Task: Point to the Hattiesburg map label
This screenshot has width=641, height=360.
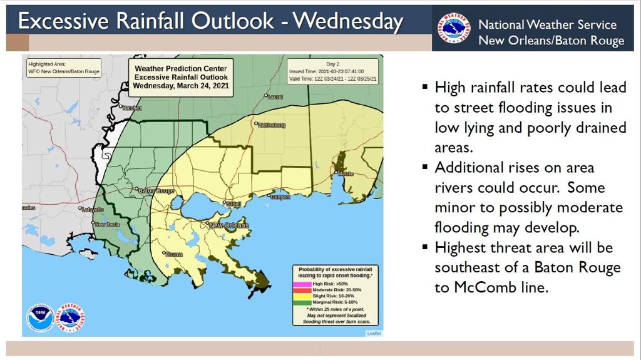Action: (x=272, y=125)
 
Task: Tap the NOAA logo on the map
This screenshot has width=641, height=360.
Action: (x=40, y=318)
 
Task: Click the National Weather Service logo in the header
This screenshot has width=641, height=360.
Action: (x=454, y=28)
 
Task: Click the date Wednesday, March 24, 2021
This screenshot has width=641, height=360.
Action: (x=181, y=86)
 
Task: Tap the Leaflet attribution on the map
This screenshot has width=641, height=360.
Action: (x=374, y=333)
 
